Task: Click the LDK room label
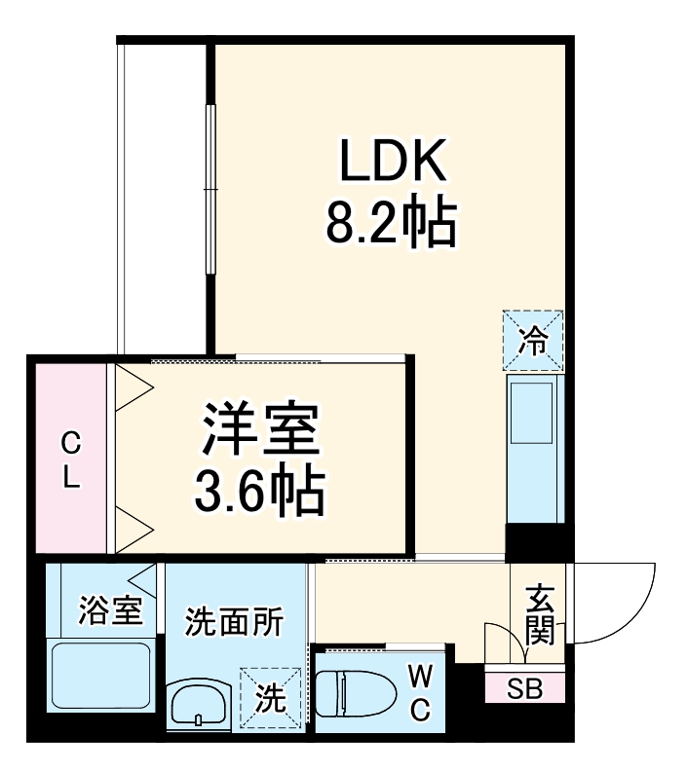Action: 393,162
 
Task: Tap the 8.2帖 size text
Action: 390,223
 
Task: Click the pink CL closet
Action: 70,459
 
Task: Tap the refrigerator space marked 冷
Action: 533,341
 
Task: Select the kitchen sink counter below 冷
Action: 533,448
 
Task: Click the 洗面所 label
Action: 234,620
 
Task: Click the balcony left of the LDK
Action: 162,195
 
